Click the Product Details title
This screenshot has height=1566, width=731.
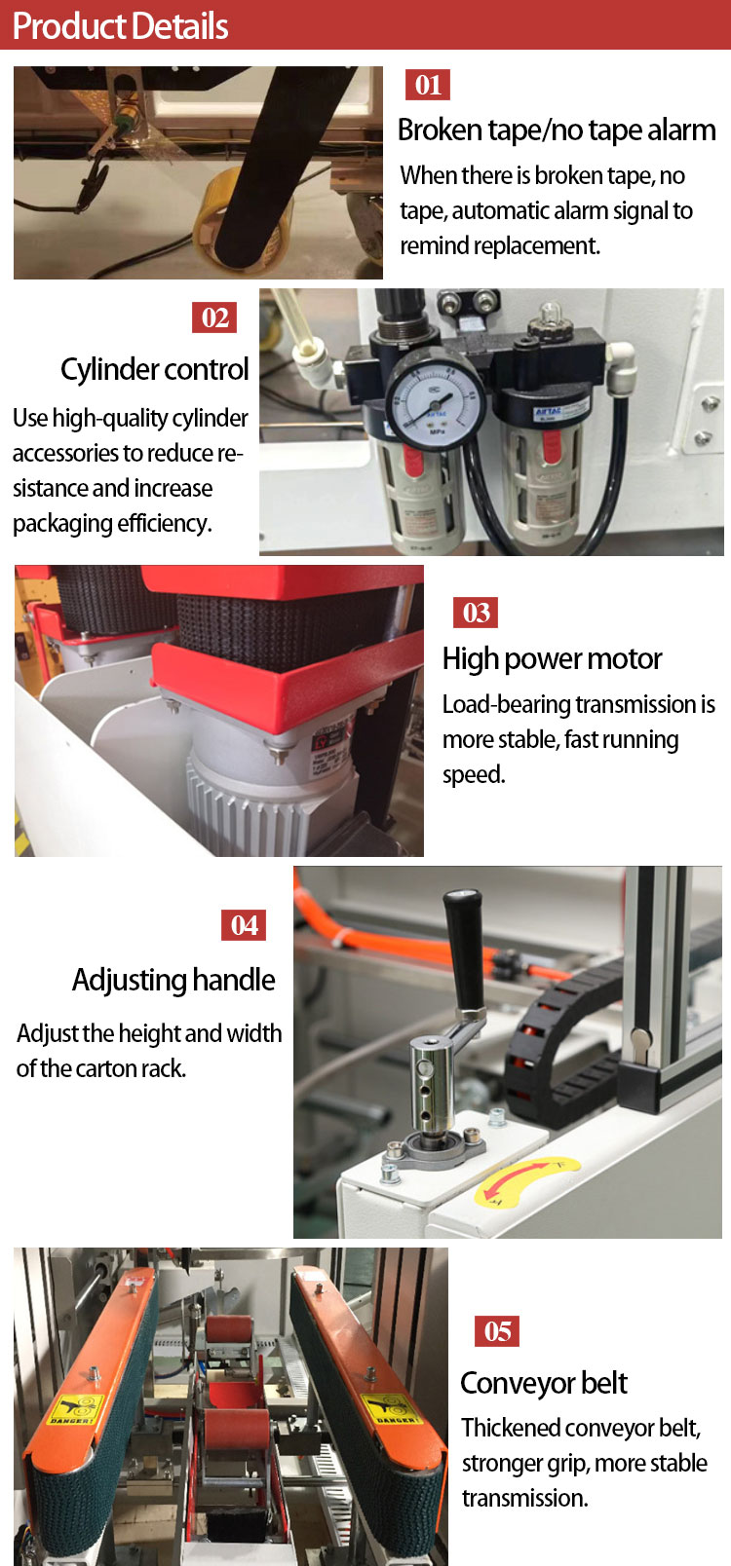click(x=120, y=26)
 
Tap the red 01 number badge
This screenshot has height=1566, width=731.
click(x=428, y=86)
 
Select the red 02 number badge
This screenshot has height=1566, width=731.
click(x=214, y=317)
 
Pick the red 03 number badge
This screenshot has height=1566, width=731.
click(x=476, y=613)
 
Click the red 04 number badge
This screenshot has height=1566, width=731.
click(x=244, y=925)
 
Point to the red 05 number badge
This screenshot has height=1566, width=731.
click(x=497, y=1330)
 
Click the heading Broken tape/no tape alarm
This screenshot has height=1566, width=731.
click(x=557, y=130)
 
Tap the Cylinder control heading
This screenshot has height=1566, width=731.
click(x=155, y=369)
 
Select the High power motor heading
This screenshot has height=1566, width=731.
click(x=552, y=659)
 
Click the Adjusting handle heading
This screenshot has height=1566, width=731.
click(x=173, y=980)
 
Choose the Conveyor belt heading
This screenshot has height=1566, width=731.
click(x=544, y=1383)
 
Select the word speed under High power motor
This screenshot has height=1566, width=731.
click(x=474, y=775)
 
